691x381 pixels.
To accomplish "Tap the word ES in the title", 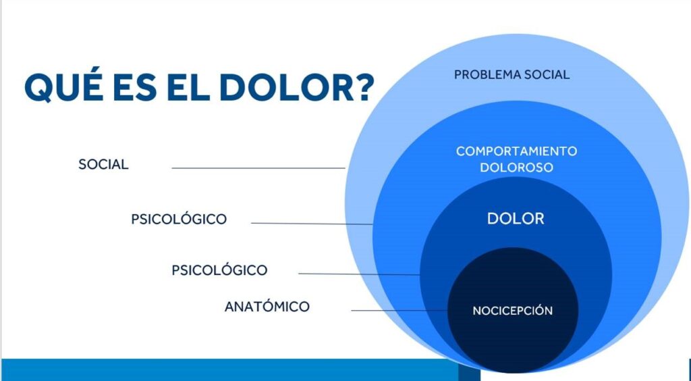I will click(141, 87).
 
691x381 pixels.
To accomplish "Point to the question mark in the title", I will click(364, 87).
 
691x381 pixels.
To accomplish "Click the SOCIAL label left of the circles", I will click(103, 164).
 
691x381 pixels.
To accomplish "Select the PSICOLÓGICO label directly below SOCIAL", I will click(179, 219).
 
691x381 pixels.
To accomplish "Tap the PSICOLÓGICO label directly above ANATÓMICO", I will click(219, 270).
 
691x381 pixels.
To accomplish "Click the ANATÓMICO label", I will click(267, 307).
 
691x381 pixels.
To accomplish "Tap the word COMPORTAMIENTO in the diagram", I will click(516, 151).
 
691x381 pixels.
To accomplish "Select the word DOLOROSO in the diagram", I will click(516, 167).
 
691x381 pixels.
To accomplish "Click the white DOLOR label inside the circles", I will click(516, 219).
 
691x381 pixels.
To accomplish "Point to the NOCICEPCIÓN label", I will click(512, 311).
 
